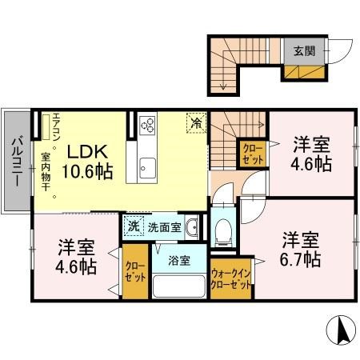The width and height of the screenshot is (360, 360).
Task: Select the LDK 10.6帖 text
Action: [88, 160]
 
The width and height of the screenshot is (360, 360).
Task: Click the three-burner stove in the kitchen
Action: [148, 125]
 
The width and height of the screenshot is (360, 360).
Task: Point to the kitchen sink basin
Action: [148, 168]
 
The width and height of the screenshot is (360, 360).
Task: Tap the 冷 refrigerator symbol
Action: [195, 122]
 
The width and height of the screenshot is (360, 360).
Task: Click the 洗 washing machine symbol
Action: [133, 227]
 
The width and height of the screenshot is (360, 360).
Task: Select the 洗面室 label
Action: [164, 227]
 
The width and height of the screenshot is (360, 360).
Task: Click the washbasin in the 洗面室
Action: [192, 228]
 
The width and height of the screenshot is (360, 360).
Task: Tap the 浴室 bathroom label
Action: [178, 260]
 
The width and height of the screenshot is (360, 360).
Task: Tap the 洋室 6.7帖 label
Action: [301, 249]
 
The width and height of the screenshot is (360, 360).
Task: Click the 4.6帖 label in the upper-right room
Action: [310, 166]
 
